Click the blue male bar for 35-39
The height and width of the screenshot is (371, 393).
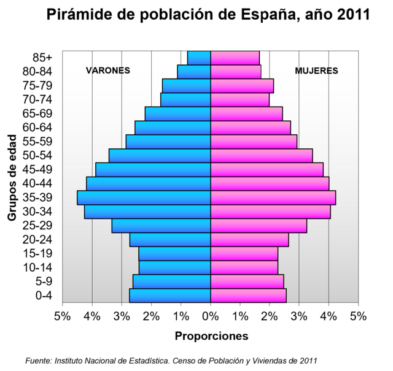[144, 197]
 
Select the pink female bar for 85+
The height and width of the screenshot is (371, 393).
[235, 58]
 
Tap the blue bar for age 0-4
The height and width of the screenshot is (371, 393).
[170, 295]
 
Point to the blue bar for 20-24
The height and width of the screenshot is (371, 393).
[170, 240]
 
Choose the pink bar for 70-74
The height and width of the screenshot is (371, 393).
[240, 99]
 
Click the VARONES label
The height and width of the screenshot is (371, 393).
[108, 71]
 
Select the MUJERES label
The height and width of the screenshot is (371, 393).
[316, 71]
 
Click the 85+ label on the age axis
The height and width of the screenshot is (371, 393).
[42, 58]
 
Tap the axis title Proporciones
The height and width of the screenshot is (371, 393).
[212, 336]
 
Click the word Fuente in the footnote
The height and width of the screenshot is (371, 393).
[38, 360]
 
